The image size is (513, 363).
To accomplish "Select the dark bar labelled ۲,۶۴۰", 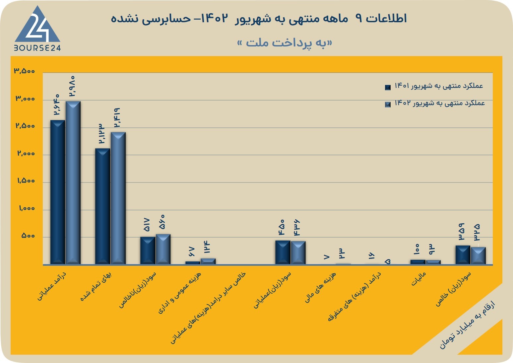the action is tap(57, 192).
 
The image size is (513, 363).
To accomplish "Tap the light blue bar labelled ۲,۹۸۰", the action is tap(73, 182).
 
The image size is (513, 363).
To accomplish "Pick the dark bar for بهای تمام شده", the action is tap(102, 206).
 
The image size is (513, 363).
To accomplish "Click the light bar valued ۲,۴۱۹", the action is tap(118, 198).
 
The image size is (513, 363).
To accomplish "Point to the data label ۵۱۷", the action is tap(147, 225).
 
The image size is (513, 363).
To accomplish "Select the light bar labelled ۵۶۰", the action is tap(163, 249).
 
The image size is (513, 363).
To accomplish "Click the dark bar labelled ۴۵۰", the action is tap(283, 252).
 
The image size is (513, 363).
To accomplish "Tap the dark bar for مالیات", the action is tap(418, 262).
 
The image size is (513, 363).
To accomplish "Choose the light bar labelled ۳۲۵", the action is tap(478, 256).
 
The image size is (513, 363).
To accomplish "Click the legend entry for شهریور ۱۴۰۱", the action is tap(434, 86).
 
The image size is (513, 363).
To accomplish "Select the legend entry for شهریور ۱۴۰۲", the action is tap(435, 104).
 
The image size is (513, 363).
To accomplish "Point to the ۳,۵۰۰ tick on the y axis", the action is tap(24, 71).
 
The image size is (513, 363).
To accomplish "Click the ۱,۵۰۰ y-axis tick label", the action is tap(26, 181).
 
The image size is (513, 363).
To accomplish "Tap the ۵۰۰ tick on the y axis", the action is tap(28, 236).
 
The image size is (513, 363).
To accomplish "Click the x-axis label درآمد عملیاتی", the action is tap(52, 286).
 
